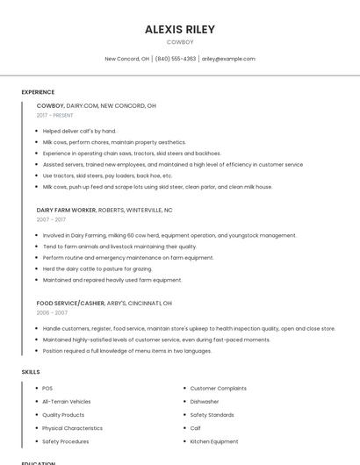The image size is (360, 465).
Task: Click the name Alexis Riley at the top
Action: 180,29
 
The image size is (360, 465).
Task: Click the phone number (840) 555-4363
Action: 176,59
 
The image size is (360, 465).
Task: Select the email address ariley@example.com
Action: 228,59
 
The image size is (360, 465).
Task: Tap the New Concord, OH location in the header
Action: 126,59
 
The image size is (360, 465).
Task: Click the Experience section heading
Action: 38,92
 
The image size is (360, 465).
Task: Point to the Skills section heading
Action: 31,372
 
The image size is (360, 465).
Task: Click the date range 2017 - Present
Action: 55,115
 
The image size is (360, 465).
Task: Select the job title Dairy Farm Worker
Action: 67,211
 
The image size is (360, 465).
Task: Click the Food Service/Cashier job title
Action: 70,303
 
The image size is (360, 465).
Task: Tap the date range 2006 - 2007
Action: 52,312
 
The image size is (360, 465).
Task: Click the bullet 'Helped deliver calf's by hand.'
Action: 79,131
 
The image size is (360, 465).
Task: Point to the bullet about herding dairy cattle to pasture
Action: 97,268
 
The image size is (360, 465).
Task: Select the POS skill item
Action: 47,388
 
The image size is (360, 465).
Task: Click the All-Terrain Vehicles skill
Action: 67,401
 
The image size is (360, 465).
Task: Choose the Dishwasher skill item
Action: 205,401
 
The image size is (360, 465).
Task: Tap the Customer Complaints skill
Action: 219,388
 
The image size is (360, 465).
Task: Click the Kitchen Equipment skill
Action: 214,441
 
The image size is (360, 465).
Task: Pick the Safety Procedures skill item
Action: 66,441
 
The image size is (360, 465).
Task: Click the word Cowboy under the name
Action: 180,41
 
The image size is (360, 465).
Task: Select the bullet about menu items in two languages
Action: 127,351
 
